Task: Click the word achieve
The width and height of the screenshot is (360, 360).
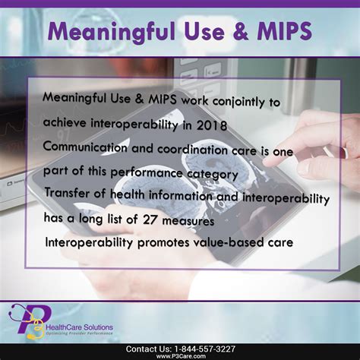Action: pyautogui.click(x=65, y=123)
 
